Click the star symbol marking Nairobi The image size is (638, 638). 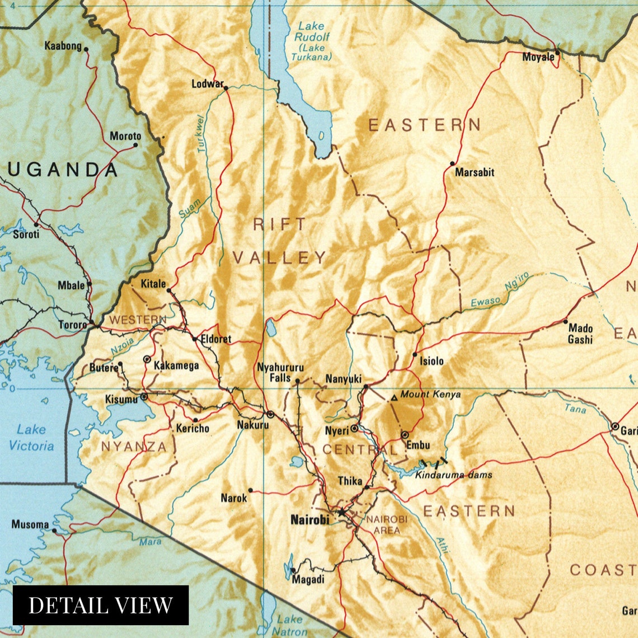(341, 512)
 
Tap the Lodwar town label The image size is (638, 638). (207, 84)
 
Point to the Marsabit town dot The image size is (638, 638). (452, 164)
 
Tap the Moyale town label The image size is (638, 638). (538, 57)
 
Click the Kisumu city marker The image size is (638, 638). (144, 396)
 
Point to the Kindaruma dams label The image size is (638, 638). (453, 475)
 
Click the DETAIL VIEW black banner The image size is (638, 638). (101, 605)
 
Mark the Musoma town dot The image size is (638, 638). (54, 530)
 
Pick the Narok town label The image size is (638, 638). (233, 498)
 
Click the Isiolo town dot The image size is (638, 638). (415, 354)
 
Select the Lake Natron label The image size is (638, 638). (290, 625)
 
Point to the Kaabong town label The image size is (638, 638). (63, 46)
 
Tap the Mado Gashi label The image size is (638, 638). (580, 334)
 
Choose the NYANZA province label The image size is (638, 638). (134, 447)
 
